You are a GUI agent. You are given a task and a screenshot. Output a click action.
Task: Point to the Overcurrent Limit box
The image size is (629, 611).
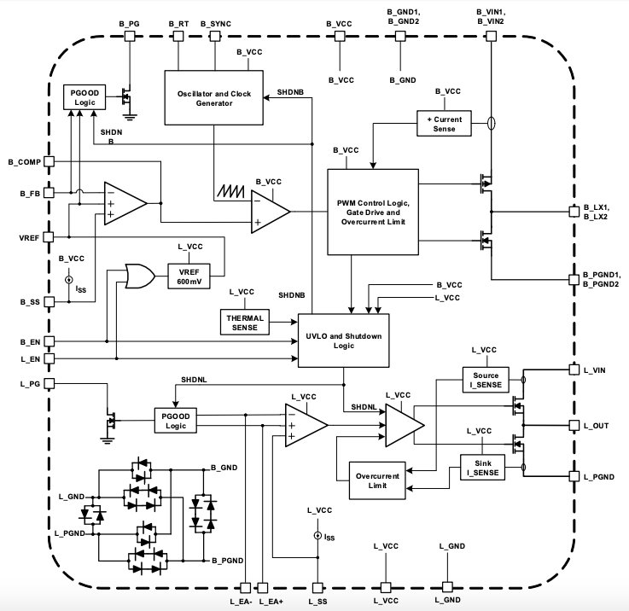[x=373, y=480]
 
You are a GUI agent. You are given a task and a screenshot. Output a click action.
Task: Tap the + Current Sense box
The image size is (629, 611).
[x=445, y=123]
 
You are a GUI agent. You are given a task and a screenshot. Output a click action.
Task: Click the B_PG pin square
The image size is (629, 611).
[x=131, y=36]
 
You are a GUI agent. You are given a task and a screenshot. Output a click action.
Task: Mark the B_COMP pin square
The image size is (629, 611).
[x=50, y=160]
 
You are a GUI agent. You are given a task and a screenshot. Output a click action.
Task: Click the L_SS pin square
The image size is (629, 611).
[x=317, y=588]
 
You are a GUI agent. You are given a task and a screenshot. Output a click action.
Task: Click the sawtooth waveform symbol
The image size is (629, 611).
[x=232, y=190]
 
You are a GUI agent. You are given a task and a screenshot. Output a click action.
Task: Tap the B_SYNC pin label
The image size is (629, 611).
[x=215, y=22]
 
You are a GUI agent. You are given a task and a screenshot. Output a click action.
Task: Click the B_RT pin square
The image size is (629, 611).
[x=179, y=36]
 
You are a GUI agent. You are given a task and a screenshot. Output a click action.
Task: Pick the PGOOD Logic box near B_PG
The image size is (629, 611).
[x=83, y=96]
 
